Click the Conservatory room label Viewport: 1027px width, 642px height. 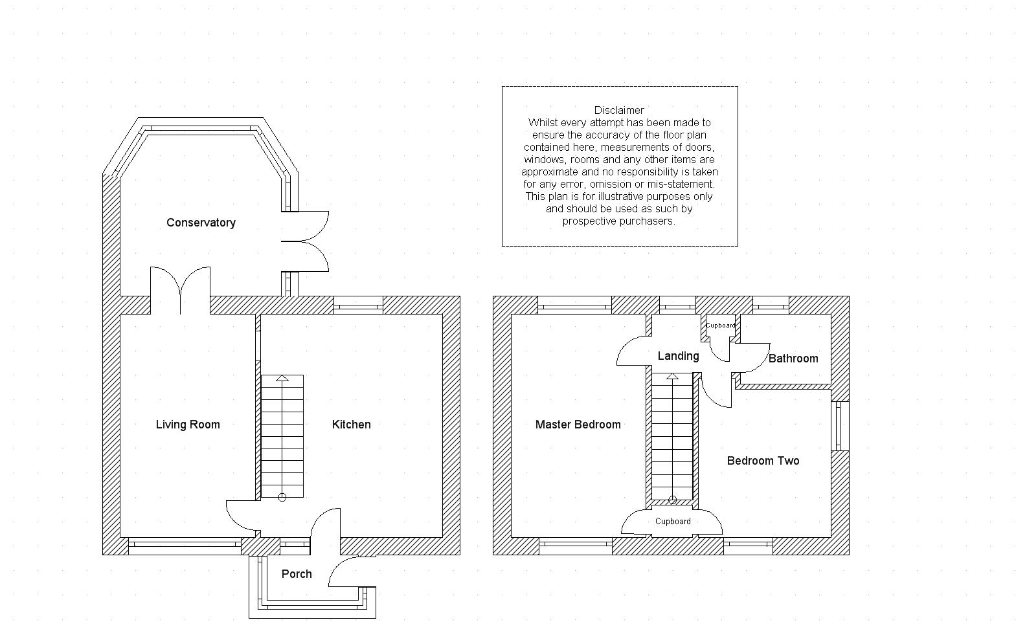[201, 223]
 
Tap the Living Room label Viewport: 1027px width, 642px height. [188, 425]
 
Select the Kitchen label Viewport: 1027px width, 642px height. [351, 425]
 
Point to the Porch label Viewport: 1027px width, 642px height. [297, 573]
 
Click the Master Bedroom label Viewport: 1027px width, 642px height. [578, 425]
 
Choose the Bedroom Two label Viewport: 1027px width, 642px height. [763, 461]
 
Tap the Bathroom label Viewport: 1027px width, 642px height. [793, 359]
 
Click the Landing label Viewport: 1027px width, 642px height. [679, 356]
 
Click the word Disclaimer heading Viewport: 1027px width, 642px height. [619, 110]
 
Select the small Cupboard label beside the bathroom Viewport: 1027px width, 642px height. [720, 326]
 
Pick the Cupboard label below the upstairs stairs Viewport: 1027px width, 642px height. [673, 522]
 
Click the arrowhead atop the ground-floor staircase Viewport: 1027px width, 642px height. [282, 378]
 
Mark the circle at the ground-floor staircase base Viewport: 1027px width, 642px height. [282, 498]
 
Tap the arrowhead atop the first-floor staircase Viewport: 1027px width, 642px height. [672, 376]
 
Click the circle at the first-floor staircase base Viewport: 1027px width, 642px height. [673, 500]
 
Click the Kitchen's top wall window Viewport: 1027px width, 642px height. [358, 305]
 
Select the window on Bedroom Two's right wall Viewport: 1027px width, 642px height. [840, 426]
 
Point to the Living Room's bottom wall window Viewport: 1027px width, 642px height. [185, 546]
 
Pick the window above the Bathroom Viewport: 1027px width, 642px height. [771, 305]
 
